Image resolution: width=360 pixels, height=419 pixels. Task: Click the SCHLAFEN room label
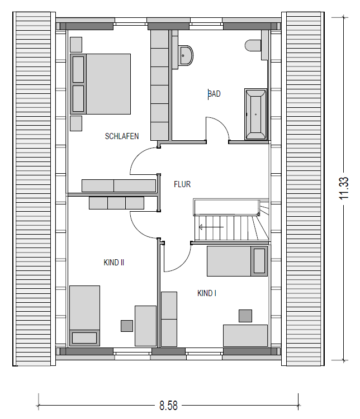click(x=122, y=136)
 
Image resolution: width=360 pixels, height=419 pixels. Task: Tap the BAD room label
click(x=214, y=94)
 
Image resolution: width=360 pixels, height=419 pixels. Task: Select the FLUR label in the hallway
click(x=182, y=184)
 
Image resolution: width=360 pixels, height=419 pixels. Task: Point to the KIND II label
click(x=114, y=263)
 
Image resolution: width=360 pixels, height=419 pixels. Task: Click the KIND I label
click(x=207, y=293)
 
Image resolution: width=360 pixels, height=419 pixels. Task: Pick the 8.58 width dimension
click(x=168, y=406)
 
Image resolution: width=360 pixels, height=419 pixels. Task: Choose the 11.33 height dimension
click(x=344, y=188)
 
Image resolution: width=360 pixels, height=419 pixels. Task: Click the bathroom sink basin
click(x=186, y=56)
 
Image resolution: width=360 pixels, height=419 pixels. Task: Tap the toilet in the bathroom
click(x=253, y=45)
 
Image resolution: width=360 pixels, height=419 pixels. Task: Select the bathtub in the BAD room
click(x=255, y=115)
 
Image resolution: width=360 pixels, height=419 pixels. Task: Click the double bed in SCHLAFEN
click(x=101, y=84)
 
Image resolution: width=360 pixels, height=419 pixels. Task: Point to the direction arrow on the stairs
click(x=211, y=227)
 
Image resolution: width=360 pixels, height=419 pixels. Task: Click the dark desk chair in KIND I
click(x=245, y=316)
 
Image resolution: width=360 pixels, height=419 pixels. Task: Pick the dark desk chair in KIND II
click(x=127, y=326)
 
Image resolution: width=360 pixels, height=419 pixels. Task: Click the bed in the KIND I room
click(x=237, y=261)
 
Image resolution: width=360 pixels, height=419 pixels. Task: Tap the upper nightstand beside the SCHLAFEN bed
click(x=76, y=44)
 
